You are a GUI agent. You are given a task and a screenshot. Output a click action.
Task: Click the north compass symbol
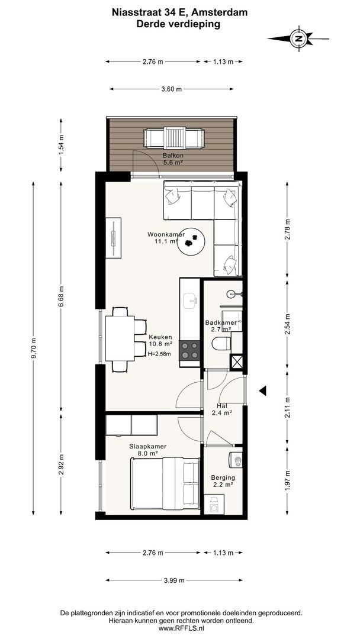pyautogui.click(x=299, y=38)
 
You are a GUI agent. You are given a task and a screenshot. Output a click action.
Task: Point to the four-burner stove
pyautogui.click(x=189, y=350)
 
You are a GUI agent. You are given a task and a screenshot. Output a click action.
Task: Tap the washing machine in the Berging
pyautogui.click(x=214, y=504)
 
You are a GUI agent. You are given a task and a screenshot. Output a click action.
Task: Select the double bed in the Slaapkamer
pyautogui.click(x=165, y=484)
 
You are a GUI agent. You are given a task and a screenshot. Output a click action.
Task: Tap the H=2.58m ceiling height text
pyautogui.click(x=159, y=354)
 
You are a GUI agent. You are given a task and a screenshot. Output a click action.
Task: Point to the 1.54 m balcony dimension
pyautogui.click(x=61, y=145)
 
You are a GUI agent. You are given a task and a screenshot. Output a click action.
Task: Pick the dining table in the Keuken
pyautogui.click(x=120, y=338)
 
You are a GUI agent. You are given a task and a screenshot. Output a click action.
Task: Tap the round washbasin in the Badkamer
pyautogui.click(x=232, y=293)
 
